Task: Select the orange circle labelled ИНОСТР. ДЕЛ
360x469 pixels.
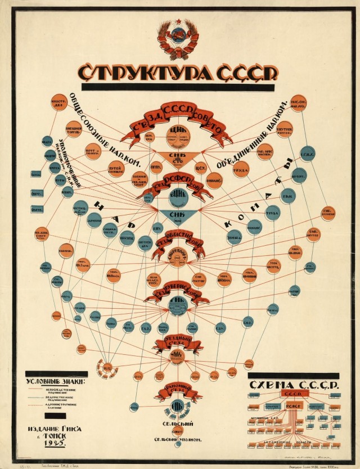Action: tap(59, 102)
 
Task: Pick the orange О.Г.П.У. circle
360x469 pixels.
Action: tap(156, 167)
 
